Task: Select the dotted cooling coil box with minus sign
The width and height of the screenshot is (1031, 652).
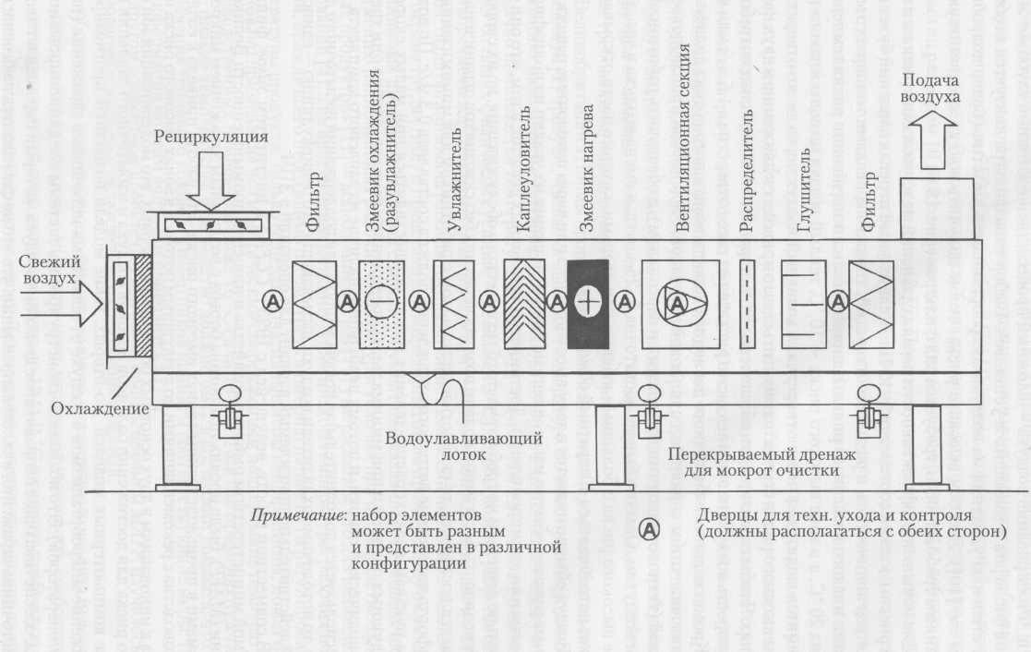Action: coord(380,303)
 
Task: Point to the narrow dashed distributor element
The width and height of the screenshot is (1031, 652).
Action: coord(748,303)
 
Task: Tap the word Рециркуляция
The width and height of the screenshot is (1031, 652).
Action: coord(211,137)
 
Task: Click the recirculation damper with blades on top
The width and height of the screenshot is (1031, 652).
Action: coord(211,223)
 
